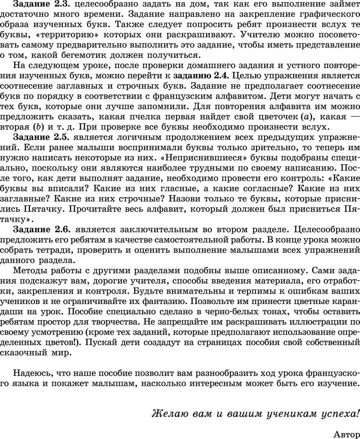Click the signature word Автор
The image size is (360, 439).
[346, 434]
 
